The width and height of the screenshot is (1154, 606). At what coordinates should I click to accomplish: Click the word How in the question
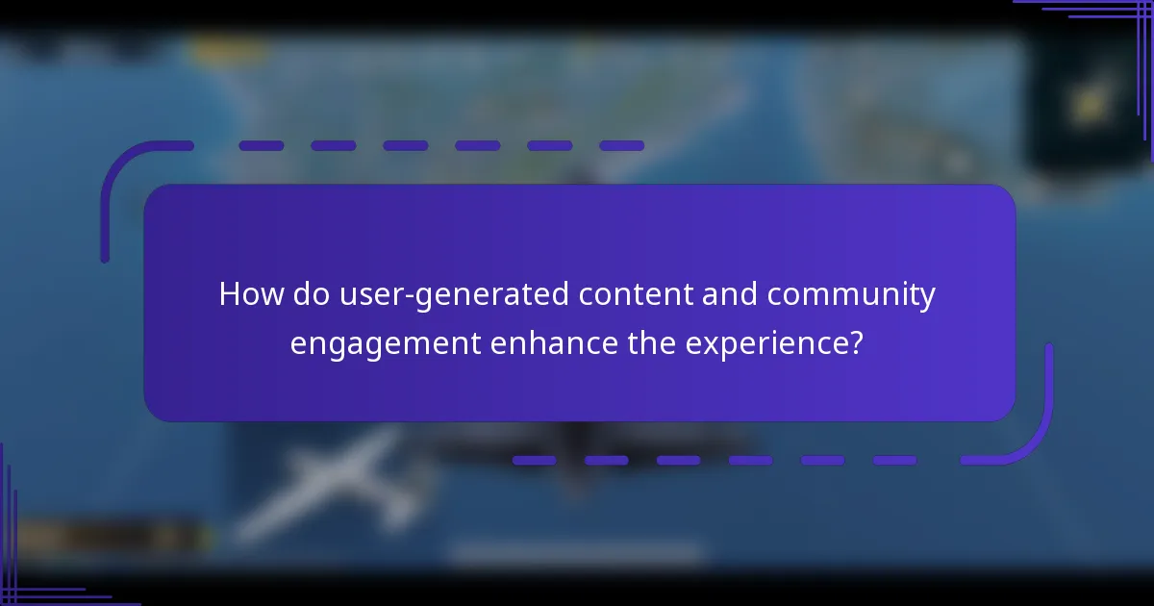coord(250,294)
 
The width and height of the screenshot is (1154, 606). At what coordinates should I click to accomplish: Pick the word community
coord(851,294)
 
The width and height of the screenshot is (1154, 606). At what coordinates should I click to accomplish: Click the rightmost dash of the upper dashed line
coord(621,146)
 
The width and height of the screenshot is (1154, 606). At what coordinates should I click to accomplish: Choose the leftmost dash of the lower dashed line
coord(534,461)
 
